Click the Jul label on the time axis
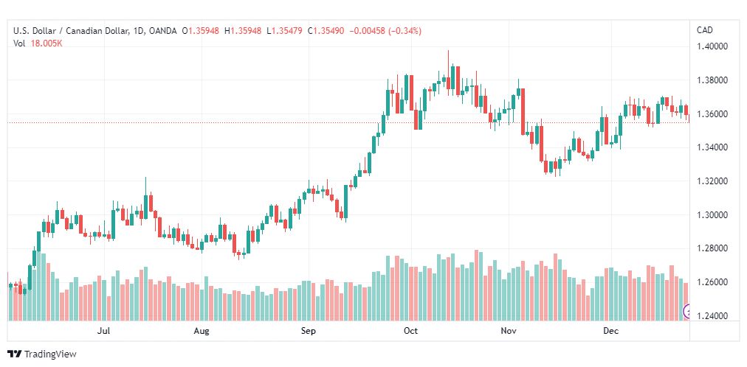click(x=103, y=331)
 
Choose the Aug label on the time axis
click(x=202, y=331)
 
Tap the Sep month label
click(x=309, y=331)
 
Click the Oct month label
click(x=410, y=331)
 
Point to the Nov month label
click(x=509, y=331)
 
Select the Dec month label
click(x=610, y=331)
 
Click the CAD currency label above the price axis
click(x=705, y=30)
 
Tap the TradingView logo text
click(x=50, y=354)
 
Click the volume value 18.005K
click(x=47, y=43)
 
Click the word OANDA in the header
click(x=163, y=31)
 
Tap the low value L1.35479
click(x=284, y=31)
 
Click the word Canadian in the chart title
click(x=82, y=31)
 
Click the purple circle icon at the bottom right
click(x=687, y=312)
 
